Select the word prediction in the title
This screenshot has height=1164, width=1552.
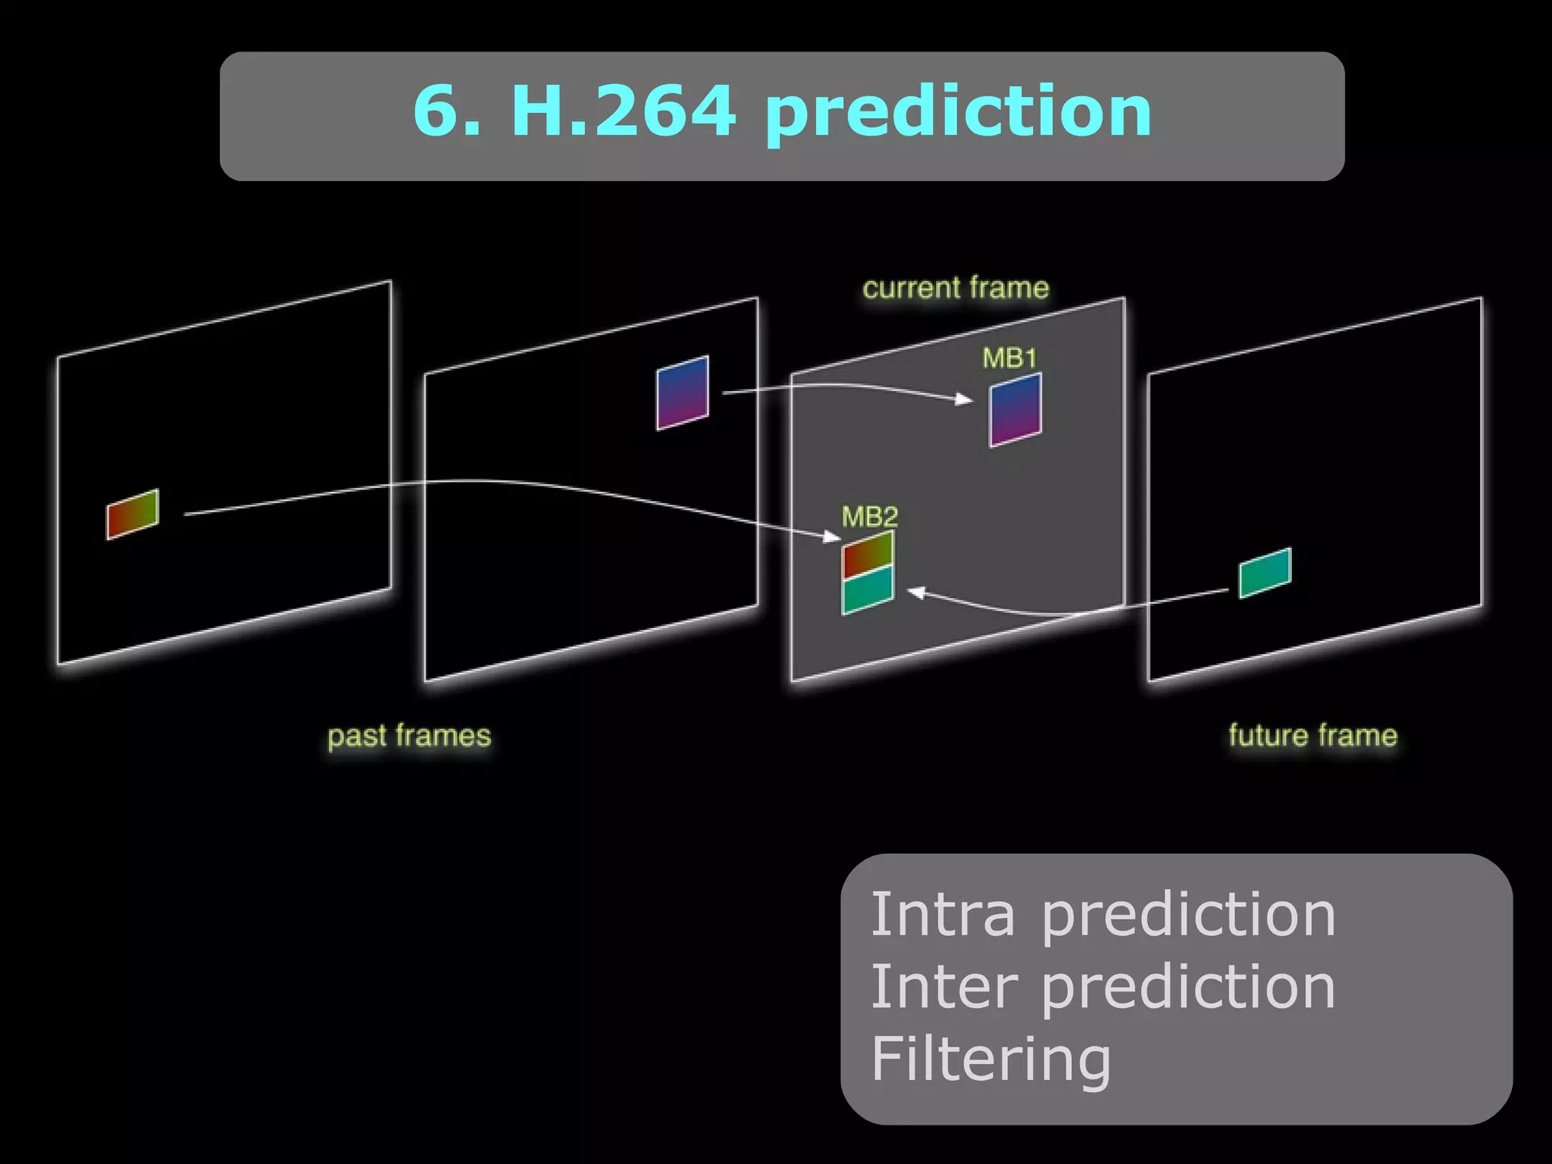click(x=958, y=114)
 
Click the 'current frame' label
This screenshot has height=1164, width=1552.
click(x=956, y=288)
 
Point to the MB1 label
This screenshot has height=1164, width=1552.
click(x=1009, y=358)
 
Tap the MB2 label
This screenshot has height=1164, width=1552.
click(x=869, y=517)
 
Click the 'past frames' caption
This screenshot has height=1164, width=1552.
click(x=409, y=736)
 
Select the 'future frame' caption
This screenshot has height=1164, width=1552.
click(x=1313, y=736)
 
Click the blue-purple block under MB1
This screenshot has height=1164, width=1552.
click(x=1015, y=409)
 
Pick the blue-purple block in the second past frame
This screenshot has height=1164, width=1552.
click(x=682, y=393)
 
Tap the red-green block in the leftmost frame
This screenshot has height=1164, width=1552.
click(x=133, y=514)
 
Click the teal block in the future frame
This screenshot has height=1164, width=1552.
click(x=1265, y=573)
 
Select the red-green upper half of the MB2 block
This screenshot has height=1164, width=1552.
click(x=868, y=554)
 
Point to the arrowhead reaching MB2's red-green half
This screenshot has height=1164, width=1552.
click(x=833, y=537)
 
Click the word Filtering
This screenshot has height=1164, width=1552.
click(x=990, y=1059)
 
